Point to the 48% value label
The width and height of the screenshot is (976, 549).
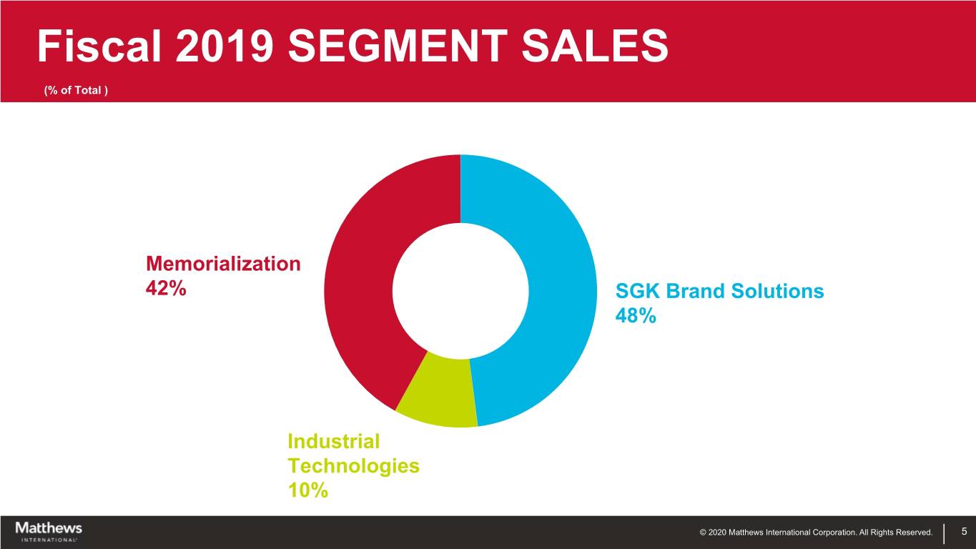pos(635,316)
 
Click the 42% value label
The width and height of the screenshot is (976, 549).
pos(166,289)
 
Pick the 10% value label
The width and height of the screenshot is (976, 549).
pos(307,490)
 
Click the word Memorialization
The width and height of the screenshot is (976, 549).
pos(223,264)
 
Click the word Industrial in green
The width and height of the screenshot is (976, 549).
pos(333,441)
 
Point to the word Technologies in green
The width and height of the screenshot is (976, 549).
pos(353,466)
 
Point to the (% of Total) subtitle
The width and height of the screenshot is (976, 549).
pos(76,91)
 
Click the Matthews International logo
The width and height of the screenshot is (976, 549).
pos(49,531)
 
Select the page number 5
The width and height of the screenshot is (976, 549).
pos(964,531)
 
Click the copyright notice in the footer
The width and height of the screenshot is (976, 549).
pos(816,532)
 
